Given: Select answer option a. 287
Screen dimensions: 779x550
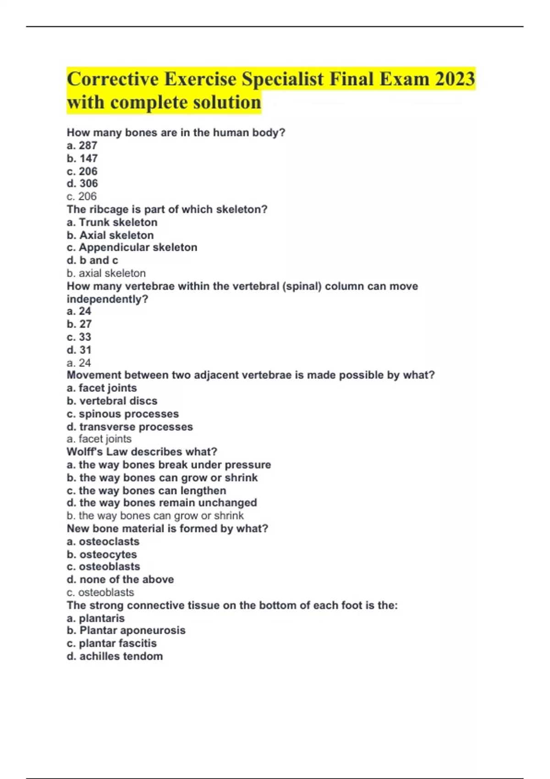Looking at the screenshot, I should (82, 146).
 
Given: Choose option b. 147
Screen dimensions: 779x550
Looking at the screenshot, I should (82, 159).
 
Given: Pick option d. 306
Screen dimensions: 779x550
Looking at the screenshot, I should (82, 184).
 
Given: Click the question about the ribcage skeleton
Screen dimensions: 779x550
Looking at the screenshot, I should (167, 209).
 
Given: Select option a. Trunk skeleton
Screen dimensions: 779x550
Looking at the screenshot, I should (112, 222).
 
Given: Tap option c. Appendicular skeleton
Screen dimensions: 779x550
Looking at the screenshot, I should (132, 247).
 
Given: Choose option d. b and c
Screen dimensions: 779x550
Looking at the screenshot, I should (92, 260).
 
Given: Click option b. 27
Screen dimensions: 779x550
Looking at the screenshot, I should (79, 324).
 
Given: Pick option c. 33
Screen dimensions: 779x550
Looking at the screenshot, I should (79, 337).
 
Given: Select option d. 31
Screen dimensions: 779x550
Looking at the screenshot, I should (79, 350).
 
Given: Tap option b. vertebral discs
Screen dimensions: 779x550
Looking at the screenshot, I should (112, 401).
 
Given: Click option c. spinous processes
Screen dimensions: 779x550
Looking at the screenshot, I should (122, 414).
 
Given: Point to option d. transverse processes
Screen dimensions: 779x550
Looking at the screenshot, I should (130, 427).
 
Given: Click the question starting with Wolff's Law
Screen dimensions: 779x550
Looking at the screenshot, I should (142, 452).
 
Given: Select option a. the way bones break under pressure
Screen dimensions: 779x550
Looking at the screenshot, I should (169, 465).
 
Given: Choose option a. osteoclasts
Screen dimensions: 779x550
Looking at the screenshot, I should (103, 542).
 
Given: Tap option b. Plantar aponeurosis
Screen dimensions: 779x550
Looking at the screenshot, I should (126, 631).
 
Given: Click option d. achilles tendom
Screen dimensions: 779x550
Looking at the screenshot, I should (115, 656).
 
